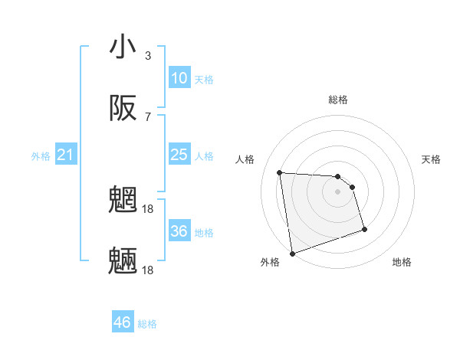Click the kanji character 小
[x=123, y=47]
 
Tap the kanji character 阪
[x=123, y=110]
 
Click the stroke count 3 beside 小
[x=148, y=56]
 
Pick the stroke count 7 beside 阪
[x=148, y=117]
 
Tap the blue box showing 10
[x=179, y=78]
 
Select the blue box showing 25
[x=179, y=155]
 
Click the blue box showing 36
[x=179, y=231]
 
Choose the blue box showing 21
[x=65, y=155]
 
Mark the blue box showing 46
[x=123, y=322]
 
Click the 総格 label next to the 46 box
[x=147, y=324]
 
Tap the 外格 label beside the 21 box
[x=41, y=156]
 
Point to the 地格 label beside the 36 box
[x=204, y=233]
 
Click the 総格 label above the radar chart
[x=337, y=100]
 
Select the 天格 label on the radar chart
[x=431, y=159]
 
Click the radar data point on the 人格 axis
[x=280, y=172]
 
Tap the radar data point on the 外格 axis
[x=291, y=253]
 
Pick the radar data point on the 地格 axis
[x=364, y=229]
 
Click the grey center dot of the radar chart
[x=337, y=191]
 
